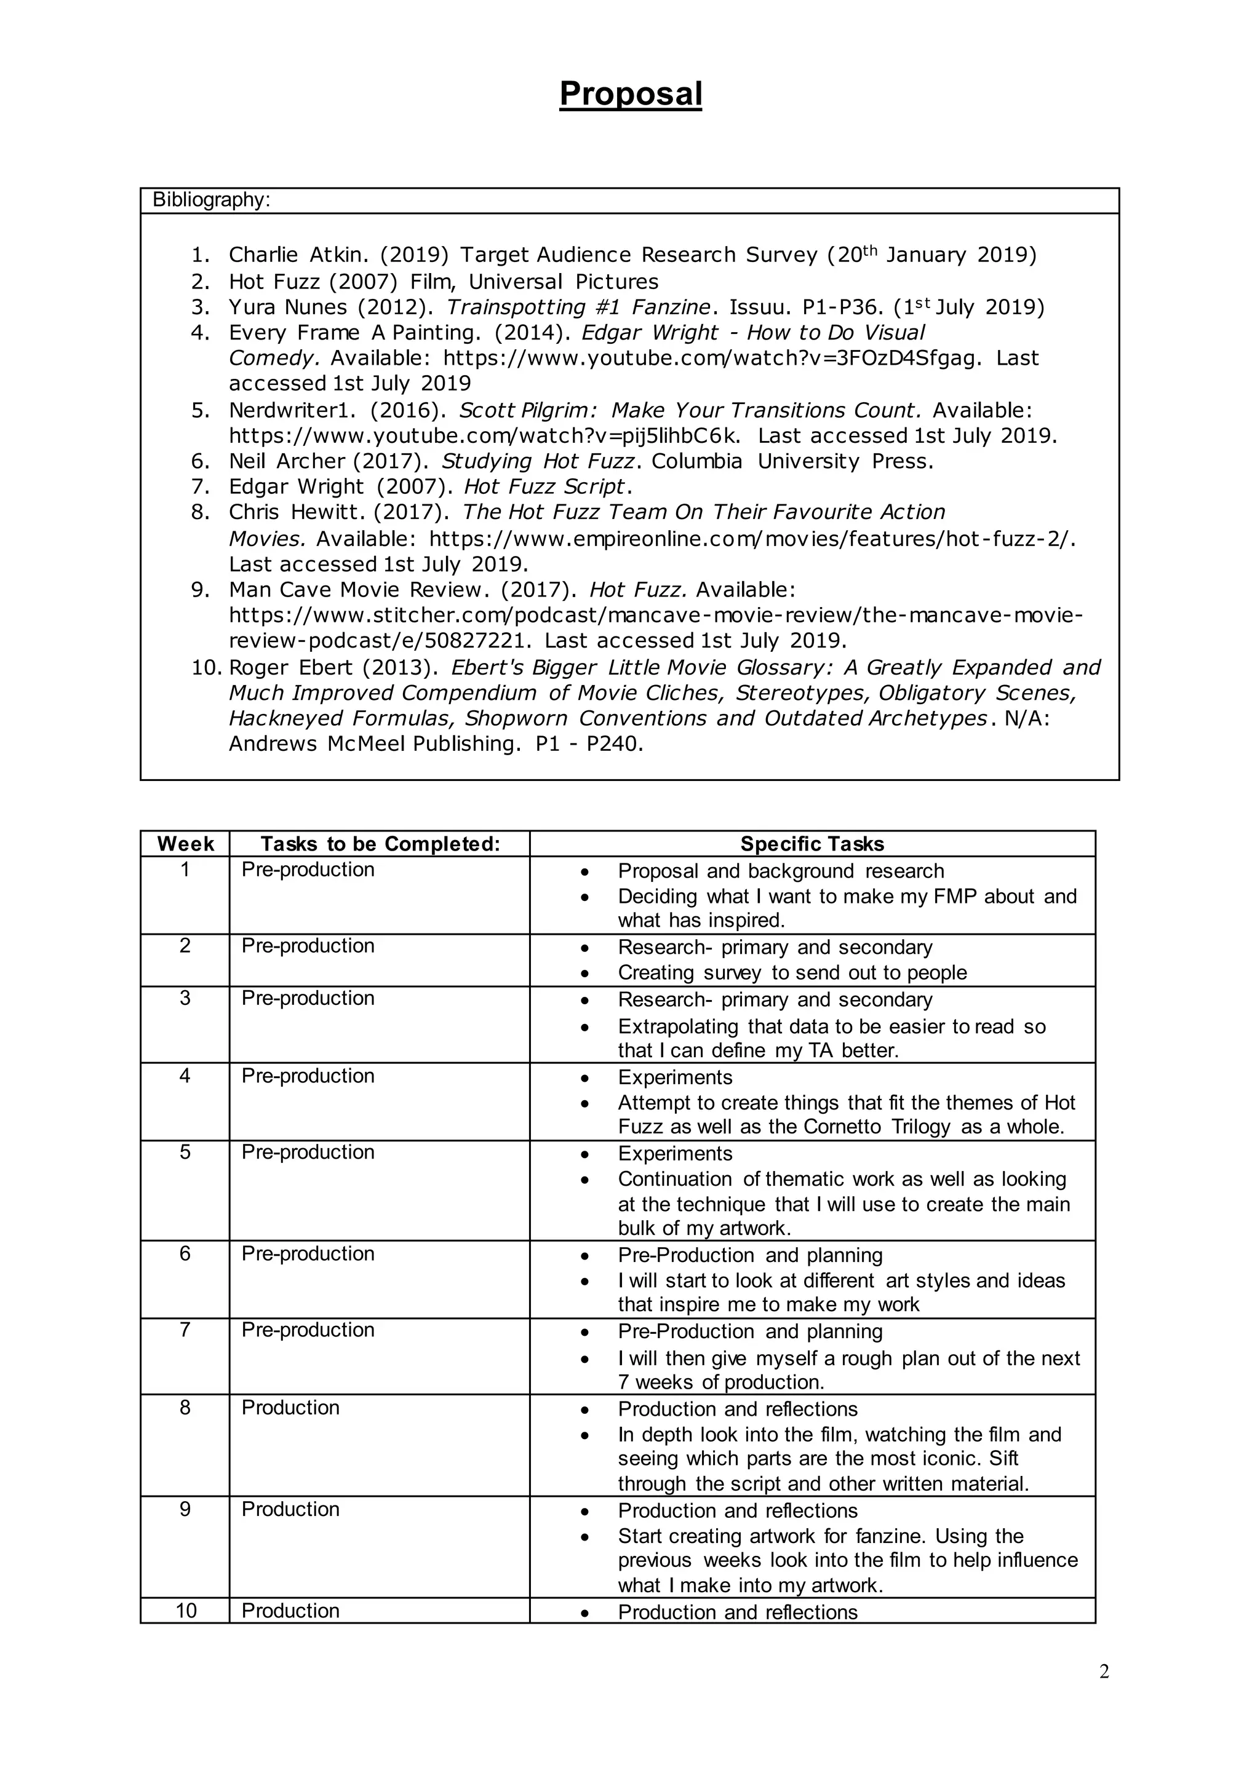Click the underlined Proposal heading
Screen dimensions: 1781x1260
630,95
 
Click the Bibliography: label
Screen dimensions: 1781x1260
211,200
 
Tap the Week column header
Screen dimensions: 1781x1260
185,844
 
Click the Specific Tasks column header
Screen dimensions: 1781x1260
811,844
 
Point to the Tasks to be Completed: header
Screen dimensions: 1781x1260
380,844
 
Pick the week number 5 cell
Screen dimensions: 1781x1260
185,1152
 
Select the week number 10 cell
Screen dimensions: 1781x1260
185,1611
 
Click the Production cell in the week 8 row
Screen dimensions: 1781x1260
290,1408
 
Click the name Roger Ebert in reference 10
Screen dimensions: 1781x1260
291,668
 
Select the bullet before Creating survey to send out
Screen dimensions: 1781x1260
584,974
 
